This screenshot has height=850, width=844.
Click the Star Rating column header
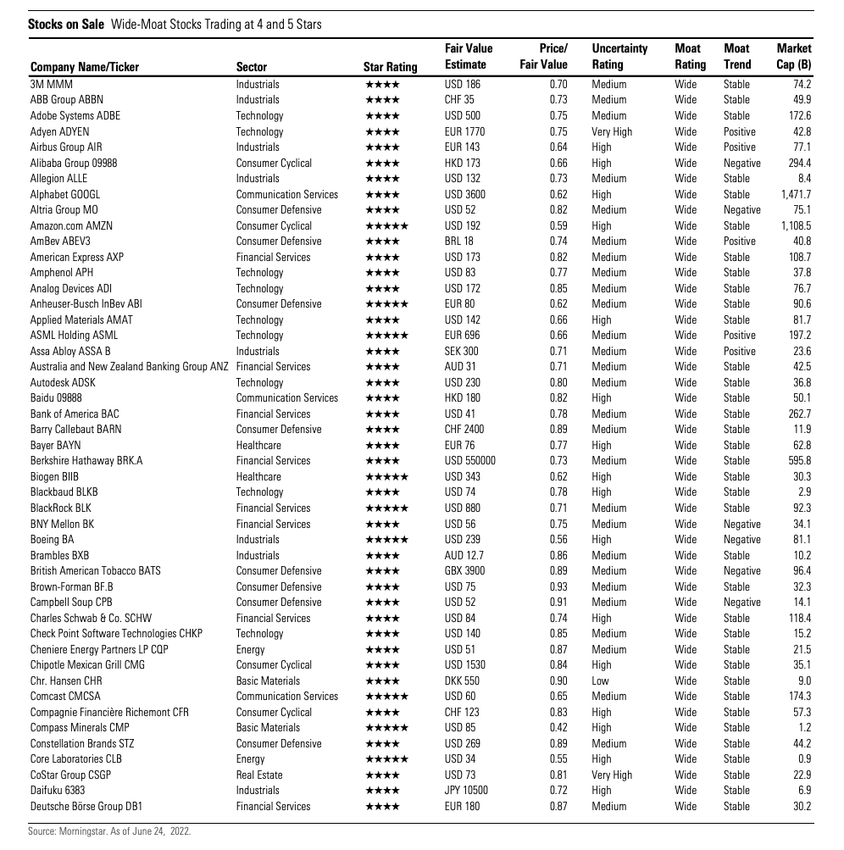(x=390, y=67)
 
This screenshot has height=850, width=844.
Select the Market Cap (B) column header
(x=793, y=57)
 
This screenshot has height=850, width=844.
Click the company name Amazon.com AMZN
(x=71, y=225)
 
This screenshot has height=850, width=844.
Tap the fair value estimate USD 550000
(x=469, y=461)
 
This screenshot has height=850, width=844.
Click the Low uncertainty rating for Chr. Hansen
(x=601, y=681)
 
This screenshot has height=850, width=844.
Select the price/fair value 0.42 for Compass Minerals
(x=558, y=728)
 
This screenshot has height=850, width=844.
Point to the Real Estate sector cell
(x=259, y=775)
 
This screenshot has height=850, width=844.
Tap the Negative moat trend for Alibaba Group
(x=741, y=163)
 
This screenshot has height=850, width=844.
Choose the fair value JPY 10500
(x=466, y=791)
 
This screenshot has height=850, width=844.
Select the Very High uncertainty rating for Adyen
(x=612, y=131)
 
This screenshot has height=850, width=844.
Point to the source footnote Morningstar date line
(x=109, y=831)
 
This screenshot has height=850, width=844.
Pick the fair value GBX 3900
(x=464, y=571)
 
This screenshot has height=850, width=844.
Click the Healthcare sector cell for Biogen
(x=258, y=476)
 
